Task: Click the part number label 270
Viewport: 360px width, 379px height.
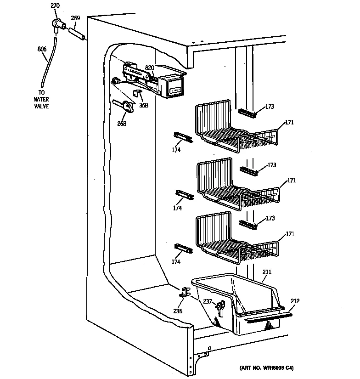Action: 55,6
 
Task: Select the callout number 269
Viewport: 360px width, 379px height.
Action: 75,18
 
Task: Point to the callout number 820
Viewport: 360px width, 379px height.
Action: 149,68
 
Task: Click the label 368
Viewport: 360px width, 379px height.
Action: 144,105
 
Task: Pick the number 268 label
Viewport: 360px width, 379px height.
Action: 122,123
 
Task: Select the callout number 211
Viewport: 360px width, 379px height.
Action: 267,272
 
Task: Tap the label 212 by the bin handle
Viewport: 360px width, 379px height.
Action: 295,301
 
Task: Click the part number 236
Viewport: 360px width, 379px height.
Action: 178,311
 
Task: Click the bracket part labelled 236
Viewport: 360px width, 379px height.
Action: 186,292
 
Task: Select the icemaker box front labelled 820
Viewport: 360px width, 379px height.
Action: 174,87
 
